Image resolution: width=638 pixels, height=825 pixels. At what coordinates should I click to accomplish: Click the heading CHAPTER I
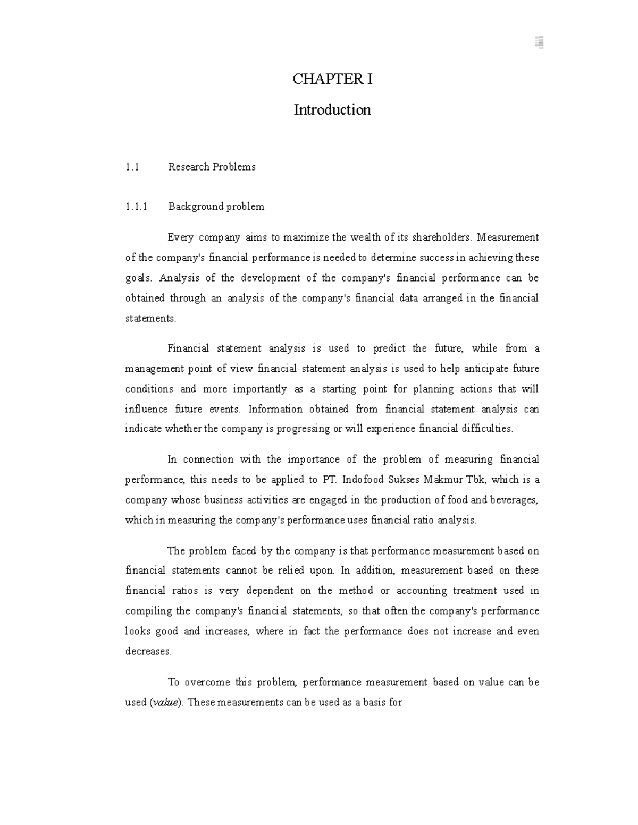(x=332, y=80)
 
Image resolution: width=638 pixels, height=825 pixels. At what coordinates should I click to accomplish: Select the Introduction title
(x=332, y=110)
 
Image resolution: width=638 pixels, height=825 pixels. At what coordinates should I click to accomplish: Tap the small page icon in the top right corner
(x=539, y=43)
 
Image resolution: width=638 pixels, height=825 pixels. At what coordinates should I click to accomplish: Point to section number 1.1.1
(x=136, y=207)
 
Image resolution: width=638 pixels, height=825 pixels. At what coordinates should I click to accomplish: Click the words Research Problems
(x=212, y=167)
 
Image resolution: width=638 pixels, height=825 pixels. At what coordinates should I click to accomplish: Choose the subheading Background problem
(x=216, y=207)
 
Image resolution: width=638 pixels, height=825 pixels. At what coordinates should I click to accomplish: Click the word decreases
(x=148, y=651)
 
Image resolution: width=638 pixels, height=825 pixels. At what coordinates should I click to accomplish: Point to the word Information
(x=275, y=409)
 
